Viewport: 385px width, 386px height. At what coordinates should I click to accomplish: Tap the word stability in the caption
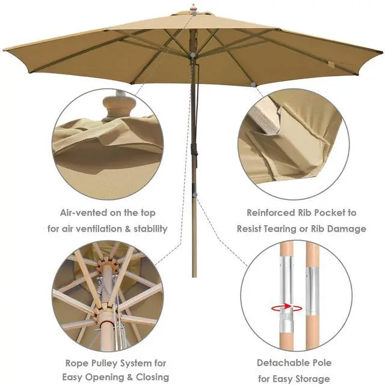point(146,229)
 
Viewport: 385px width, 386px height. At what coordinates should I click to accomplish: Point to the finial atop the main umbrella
point(193,8)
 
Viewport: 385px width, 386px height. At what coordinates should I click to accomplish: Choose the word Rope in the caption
point(79,363)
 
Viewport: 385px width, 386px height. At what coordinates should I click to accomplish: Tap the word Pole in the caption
point(331,363)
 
